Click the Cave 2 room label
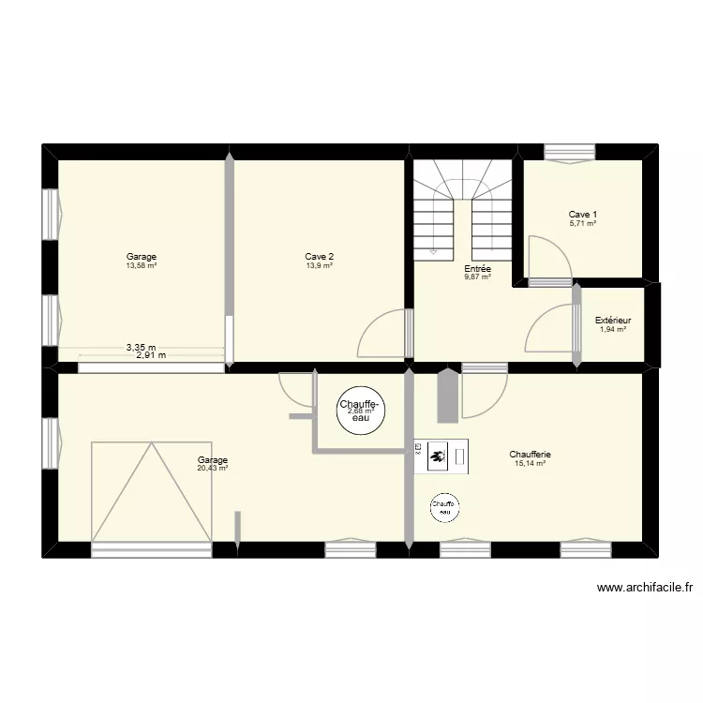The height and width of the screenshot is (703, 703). (x=320, y=256)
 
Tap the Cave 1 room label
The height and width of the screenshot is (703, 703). (x=582, y=215)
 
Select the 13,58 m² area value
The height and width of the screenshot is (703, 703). (x=142, y=265)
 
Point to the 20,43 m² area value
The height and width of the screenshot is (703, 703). (x=213, y=468)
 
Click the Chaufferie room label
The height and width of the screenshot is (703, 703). (x=531, y=455)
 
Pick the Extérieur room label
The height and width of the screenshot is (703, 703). (x=613, y=321)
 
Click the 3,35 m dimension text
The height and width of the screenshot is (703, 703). (x=142, y=347)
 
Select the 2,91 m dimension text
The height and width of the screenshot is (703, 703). (x=150, y=355)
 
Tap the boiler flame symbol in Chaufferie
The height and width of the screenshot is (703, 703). (x=437, y=458)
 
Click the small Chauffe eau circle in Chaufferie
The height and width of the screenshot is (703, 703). (x=443, y=508)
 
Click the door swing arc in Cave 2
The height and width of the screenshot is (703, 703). (x=380, y=333)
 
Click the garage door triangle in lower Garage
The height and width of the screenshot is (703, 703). (x=150, y=492)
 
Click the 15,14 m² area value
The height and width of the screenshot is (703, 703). (x=530, y=463)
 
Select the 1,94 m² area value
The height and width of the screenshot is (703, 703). (x=613, y=329)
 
